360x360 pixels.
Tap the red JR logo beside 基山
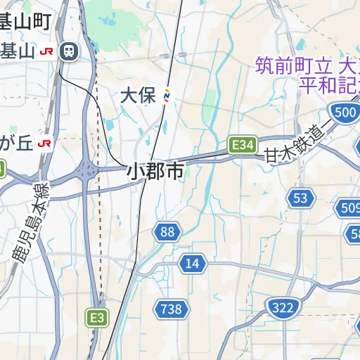pos(48,51)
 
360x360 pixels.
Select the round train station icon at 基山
pos(69,51)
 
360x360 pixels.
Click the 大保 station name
pos(138,96)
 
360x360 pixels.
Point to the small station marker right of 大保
pos(167,96)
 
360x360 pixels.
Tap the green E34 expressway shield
pos(242,145)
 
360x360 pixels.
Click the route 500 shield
pos(345,112)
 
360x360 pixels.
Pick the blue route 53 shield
pos(301,198)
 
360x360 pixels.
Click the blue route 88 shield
pos(167,232)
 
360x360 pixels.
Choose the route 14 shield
pos(193,264)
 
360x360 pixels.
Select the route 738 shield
pos(170,308)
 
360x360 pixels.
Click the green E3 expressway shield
pos(97,318)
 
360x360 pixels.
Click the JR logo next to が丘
pos(46,143)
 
